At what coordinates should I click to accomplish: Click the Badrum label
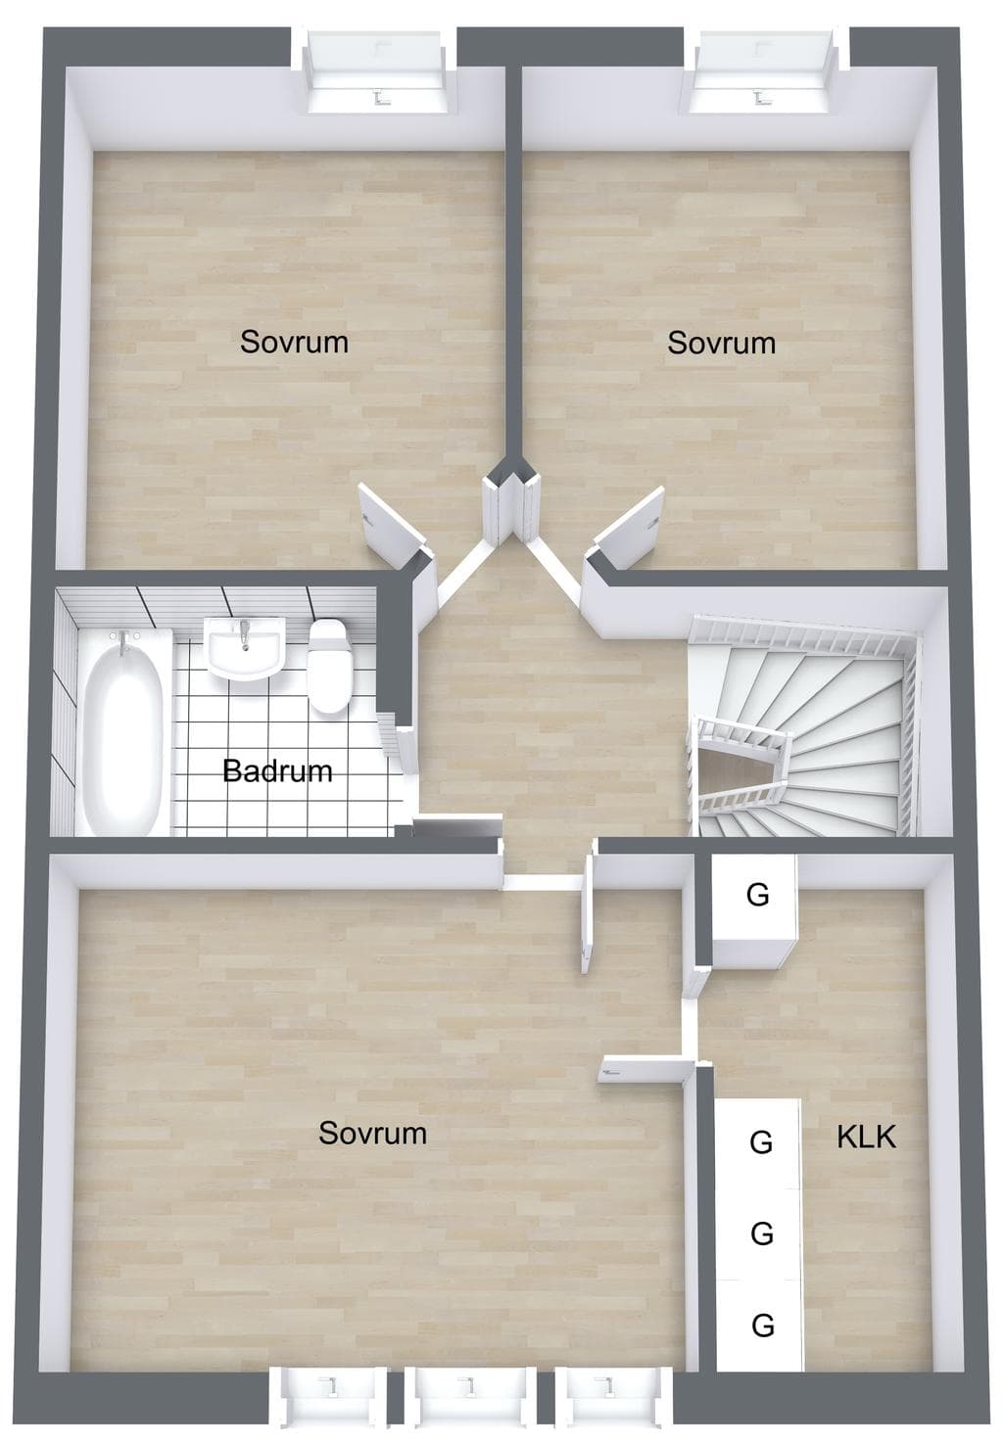(277, 771)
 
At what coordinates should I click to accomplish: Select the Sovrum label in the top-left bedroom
(294, 342)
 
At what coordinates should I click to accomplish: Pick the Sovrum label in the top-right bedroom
(721, 343)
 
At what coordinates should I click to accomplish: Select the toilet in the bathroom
(329, 666)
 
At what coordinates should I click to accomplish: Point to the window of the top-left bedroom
(376, 70)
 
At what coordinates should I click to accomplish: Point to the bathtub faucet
(123, 641)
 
